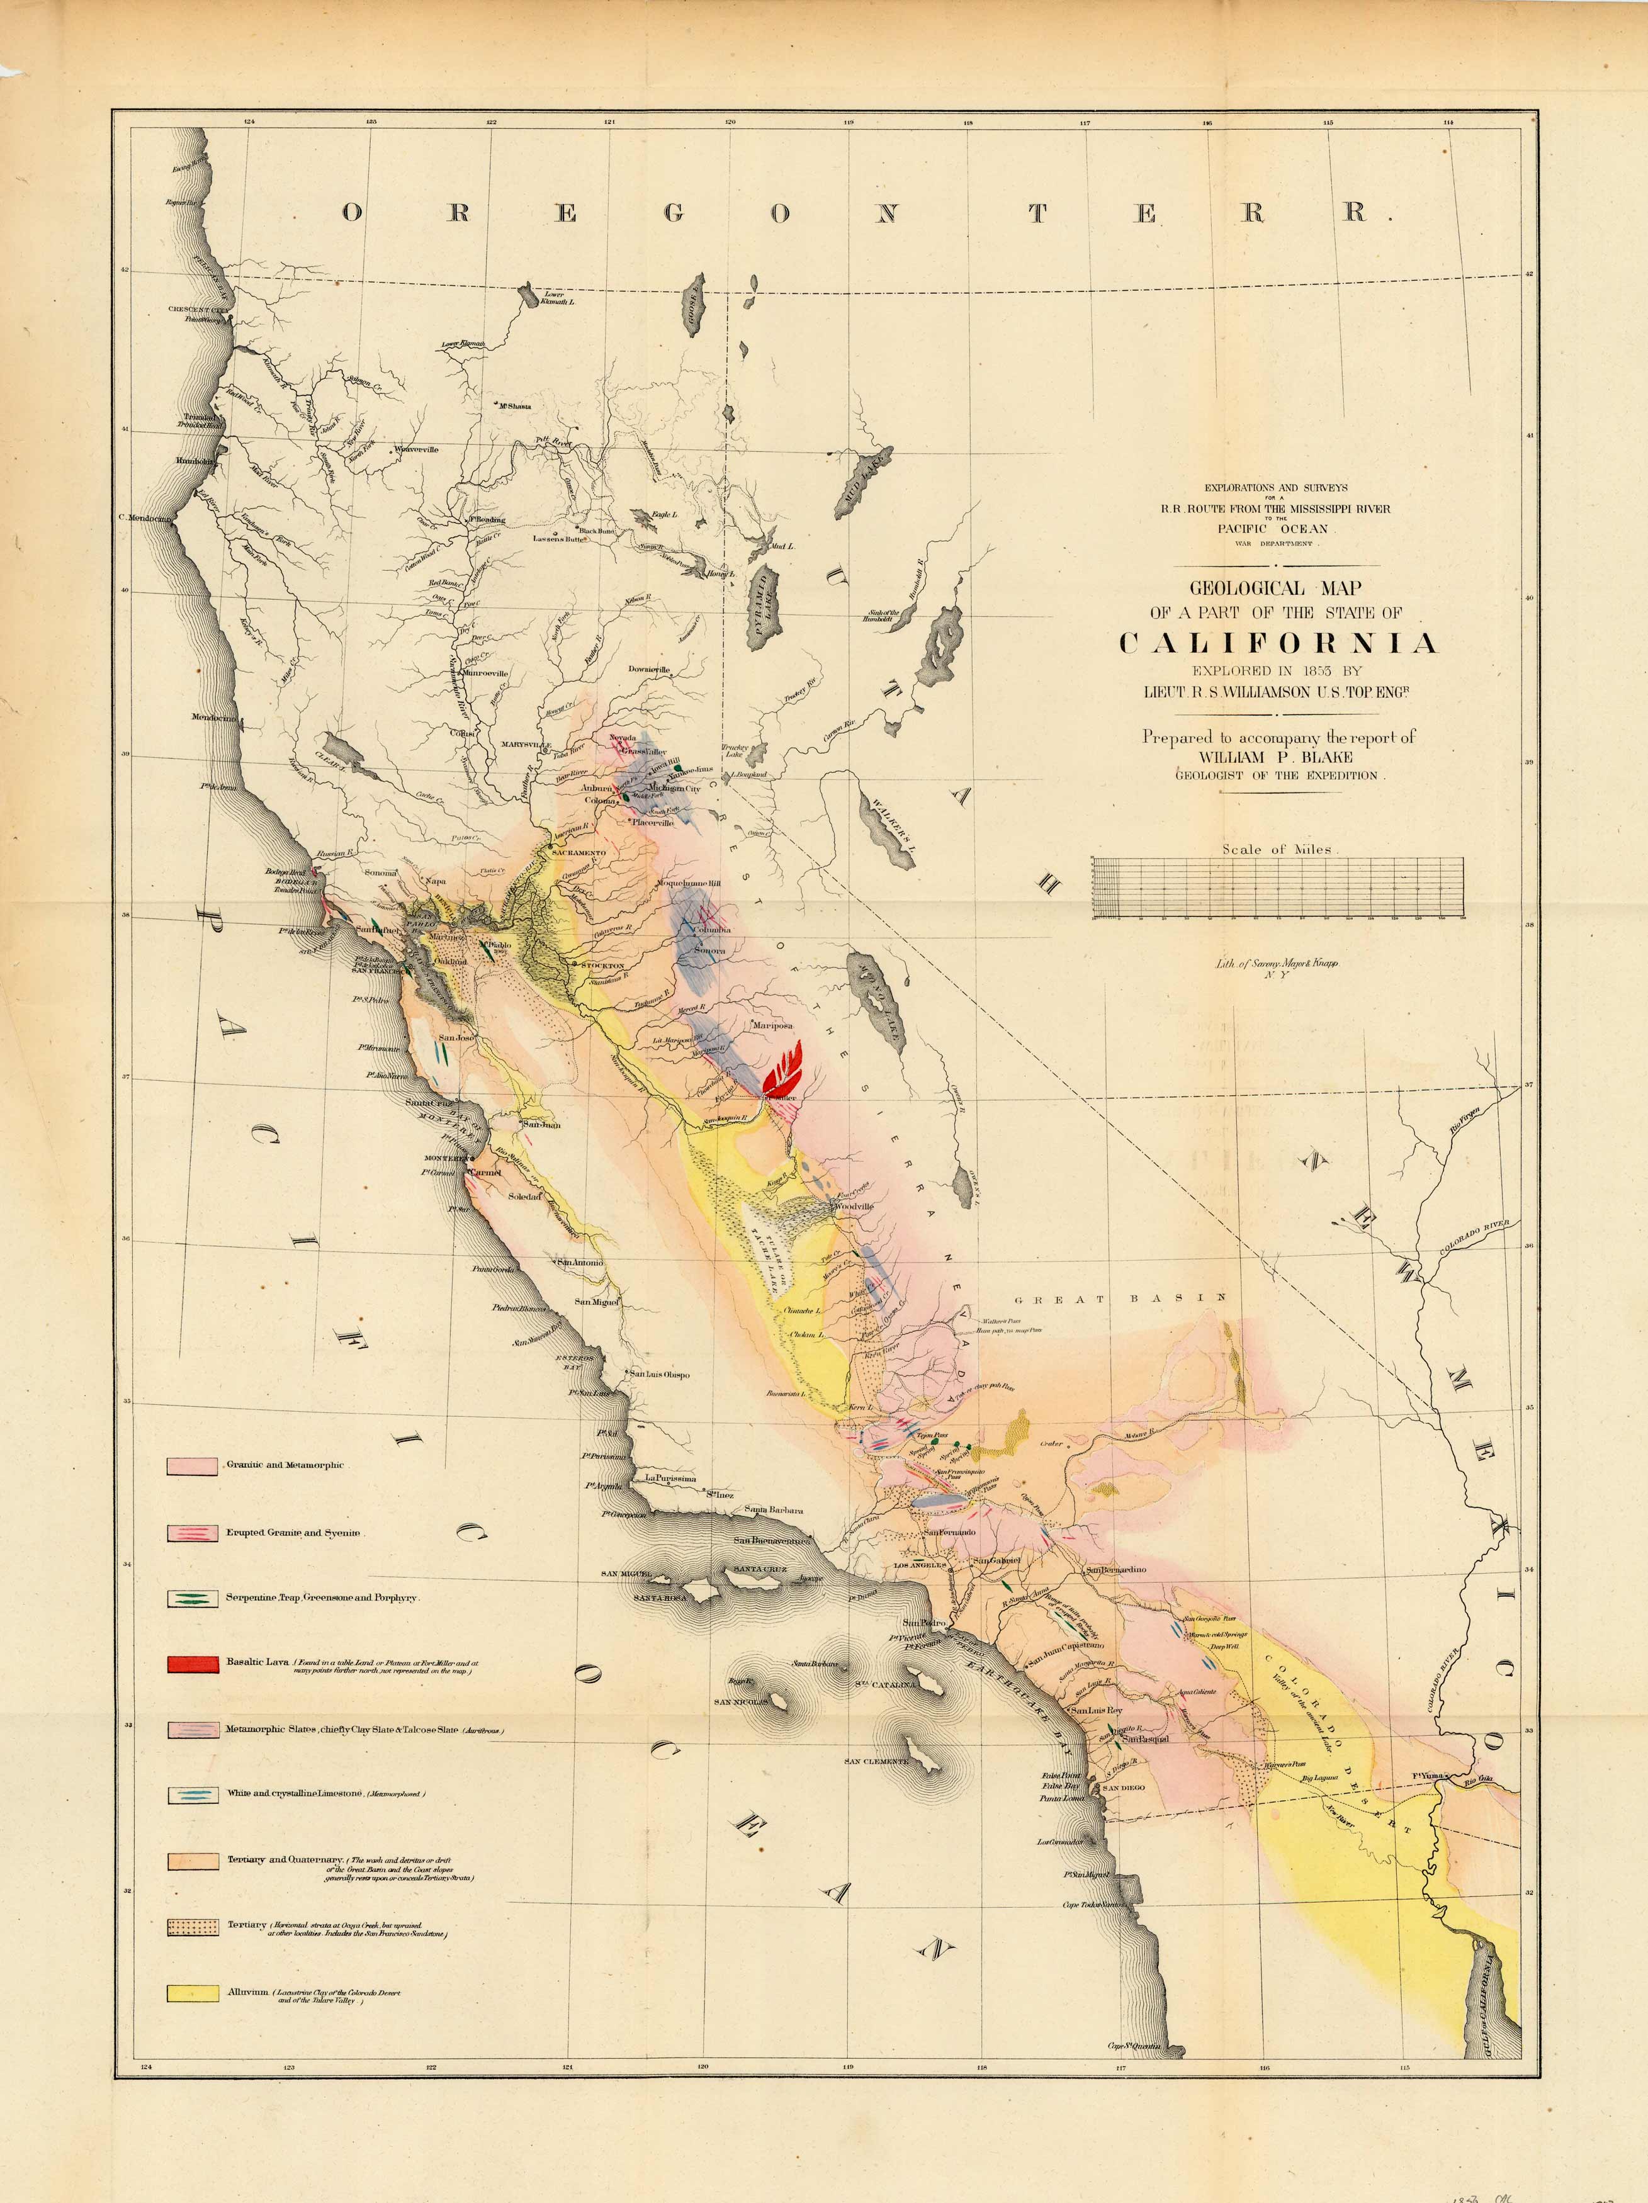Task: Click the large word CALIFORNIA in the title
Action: [x=1278, y=643]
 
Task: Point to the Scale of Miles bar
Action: [x=1278, y=887]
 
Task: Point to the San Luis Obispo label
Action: [x=661, y=1375]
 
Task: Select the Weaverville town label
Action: [x=417, y=449]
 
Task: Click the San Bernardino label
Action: [x=1115, y=1570]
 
